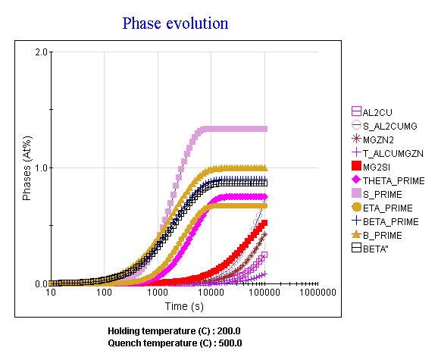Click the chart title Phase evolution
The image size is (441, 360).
click(175, 23)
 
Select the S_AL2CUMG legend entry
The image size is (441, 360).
click(384, 126)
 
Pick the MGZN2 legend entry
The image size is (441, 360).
click(373, 139)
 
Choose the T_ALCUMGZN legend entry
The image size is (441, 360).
click(387, 153)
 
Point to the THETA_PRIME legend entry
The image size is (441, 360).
click(388, 180)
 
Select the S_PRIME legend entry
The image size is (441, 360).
click(377, 194)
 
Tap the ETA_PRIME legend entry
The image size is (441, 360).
click(382, 208)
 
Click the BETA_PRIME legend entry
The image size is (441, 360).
click(385, 221)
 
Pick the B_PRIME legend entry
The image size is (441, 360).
click(377, 235)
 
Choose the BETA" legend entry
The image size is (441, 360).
click(370, 249)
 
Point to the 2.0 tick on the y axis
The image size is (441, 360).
click(41, 52)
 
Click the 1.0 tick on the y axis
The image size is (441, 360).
click(41, 168)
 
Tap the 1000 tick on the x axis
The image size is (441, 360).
click(158, 293)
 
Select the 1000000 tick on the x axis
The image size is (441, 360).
click(317, 293)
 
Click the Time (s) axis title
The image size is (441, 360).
click(184, 306)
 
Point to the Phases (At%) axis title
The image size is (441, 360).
click(27, 168)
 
